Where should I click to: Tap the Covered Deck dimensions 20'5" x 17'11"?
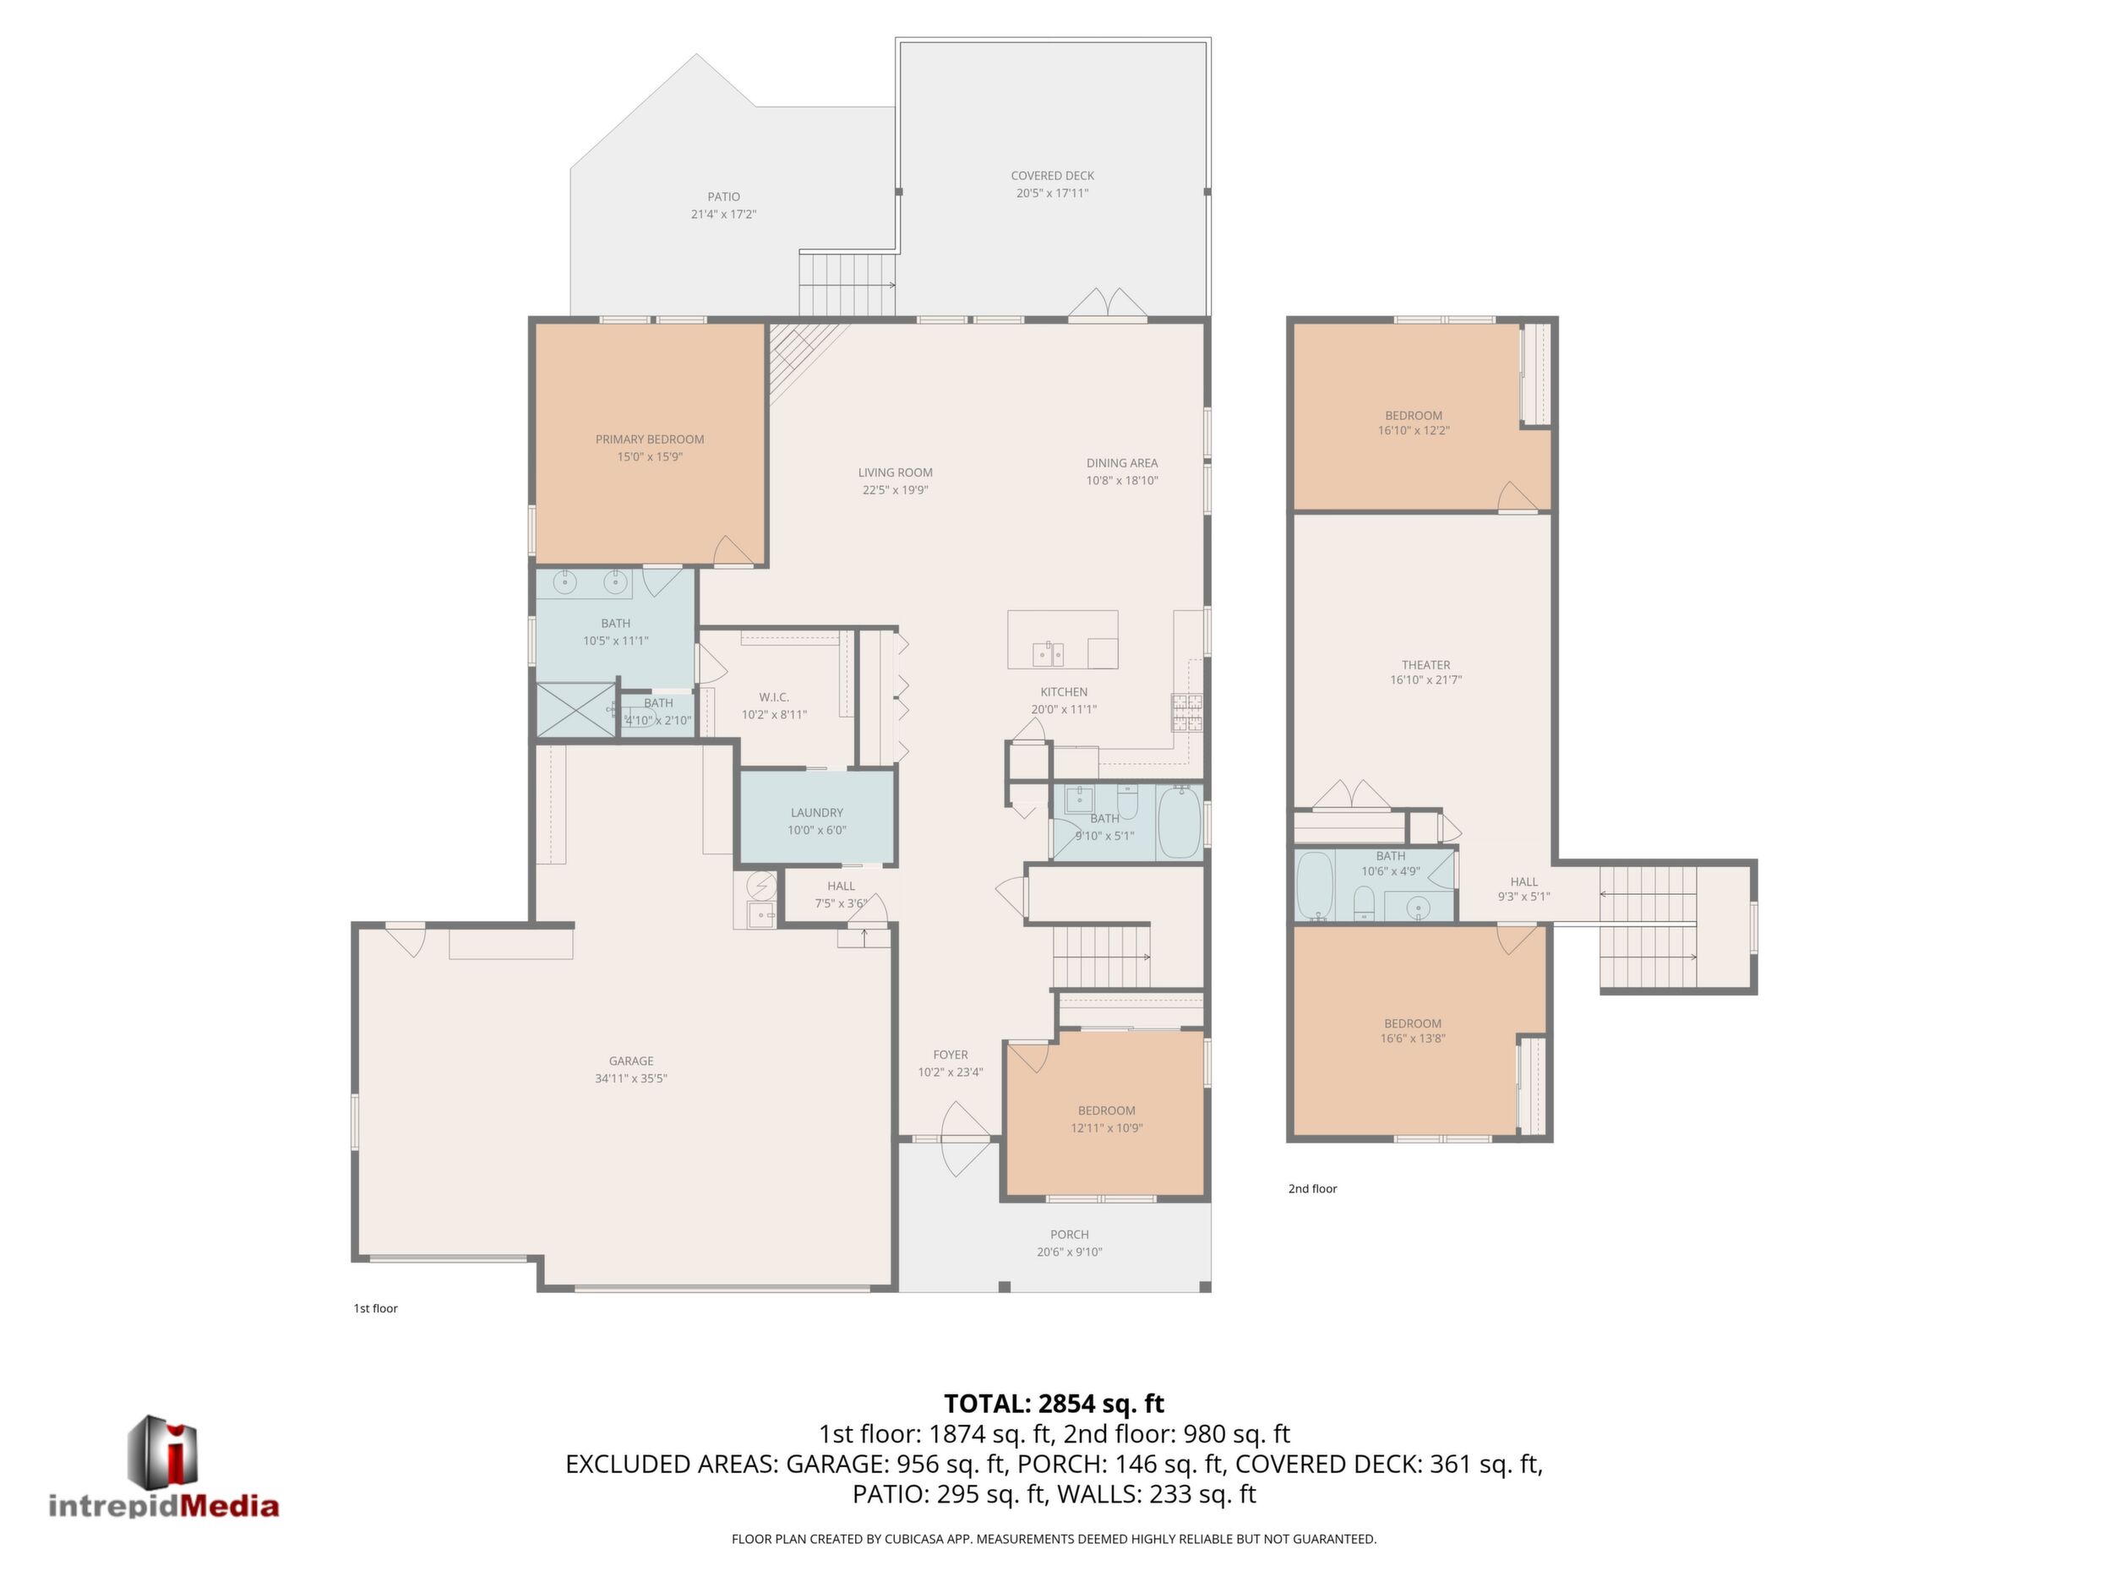point(1053,194)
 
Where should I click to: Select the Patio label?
point(723,196)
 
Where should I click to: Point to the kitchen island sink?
point(1048,654)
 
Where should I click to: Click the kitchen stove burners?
point(1187,712)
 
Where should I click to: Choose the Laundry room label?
point(817,812)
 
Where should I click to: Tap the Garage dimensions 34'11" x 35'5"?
point(631,1078)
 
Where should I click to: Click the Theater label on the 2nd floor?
point(1426,664)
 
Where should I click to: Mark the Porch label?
point(1070,1234)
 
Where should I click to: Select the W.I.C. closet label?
point(774,697)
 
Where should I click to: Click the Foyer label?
point(951,1055)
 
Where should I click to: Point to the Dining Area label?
point(1122,463)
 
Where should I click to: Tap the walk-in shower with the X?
point(577,710)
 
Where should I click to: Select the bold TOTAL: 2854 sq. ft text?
point(1054,1404)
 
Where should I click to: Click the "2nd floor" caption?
point(1313,1188)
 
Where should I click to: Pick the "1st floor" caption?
point(376,1308)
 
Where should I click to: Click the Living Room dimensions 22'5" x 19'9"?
point(896,490)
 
